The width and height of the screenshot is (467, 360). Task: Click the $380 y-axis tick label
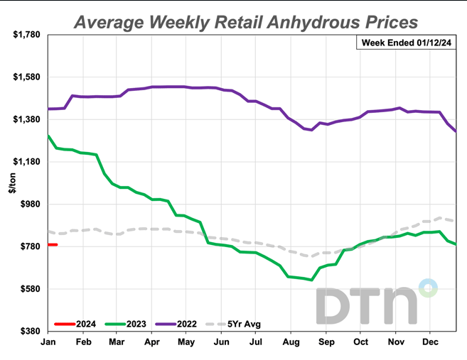coord(30,332)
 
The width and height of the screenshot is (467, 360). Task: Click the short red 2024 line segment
coord(53,245)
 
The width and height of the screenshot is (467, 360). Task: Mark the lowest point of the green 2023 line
coord(312,280)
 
